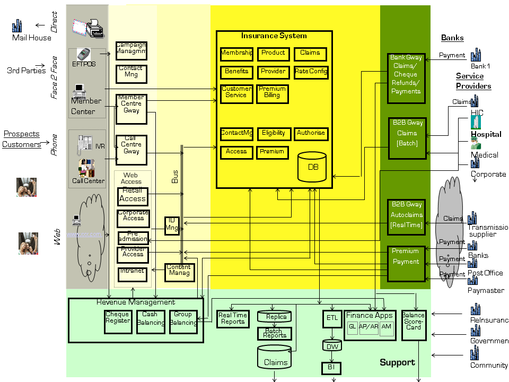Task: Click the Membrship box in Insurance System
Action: click(x=236, y=54)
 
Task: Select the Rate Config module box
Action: click(x=311, y=72)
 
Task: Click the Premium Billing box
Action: click(x=272, y=93)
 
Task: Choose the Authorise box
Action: click(x=311, y=134)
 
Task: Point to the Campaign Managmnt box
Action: click(x=131, y=51)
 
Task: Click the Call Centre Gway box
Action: click(x=131, y=149)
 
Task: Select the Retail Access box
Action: click(x=133, y=196)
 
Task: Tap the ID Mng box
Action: click(x=172, y=225)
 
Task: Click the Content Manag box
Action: click(x=179, y=272)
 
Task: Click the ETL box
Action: click(x=332, y=318)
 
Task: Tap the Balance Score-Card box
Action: click(x=413, y=322)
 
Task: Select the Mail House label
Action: click(x=32, y=38)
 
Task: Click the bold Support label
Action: click(x=397, y=362)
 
